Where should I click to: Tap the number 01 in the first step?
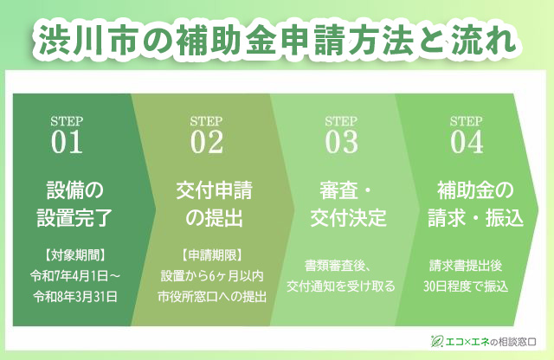[67, 142]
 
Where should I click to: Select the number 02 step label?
[207, 142]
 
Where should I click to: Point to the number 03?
[341, 142]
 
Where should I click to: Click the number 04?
[467, 142]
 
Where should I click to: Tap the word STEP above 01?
[67, 121]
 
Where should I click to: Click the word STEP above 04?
[467, 121]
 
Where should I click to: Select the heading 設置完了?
[74, 217]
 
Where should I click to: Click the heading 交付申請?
[214, 190]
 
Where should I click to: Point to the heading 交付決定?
[348, 217]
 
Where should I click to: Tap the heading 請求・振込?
[475, 217]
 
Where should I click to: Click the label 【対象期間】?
[74, 255]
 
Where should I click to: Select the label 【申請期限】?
[212, 255]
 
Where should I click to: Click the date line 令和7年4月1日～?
[75, 276]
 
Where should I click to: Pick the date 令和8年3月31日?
[75, 297]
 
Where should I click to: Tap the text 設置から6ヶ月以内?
[212, 276]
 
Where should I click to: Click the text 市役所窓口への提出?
[212, 297]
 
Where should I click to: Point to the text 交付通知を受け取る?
[340, 286]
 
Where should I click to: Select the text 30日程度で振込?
[466, 286]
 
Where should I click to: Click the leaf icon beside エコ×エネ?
[436, 341]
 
